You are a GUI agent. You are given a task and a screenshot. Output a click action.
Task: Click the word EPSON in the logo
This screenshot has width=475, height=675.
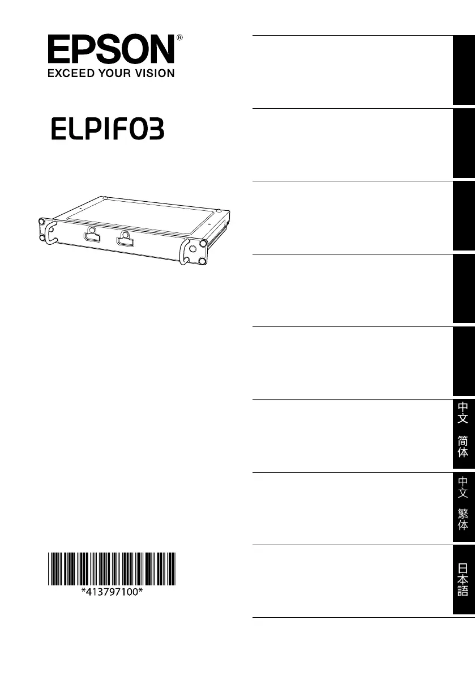click(111, 49)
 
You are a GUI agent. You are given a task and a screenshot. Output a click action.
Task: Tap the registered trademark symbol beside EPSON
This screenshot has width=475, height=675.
click(179, 38)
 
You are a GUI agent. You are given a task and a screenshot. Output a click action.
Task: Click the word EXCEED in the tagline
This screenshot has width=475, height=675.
click(71, 73)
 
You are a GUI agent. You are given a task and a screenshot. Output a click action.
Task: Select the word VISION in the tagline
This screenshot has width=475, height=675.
click(155, 73)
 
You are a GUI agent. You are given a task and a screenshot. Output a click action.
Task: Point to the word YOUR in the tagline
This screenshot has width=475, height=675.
click(115, 73)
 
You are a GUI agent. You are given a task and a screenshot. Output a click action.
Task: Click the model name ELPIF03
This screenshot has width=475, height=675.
click(108, 129)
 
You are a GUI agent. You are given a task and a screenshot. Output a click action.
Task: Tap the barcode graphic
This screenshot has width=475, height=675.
click(112, 568)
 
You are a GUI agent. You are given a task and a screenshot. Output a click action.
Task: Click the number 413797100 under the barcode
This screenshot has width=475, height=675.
click(112, 592)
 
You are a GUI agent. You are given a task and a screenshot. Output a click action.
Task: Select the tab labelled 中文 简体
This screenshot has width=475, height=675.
click(463, 434)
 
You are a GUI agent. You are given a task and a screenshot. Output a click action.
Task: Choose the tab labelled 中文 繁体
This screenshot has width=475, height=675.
click(463, 507)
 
